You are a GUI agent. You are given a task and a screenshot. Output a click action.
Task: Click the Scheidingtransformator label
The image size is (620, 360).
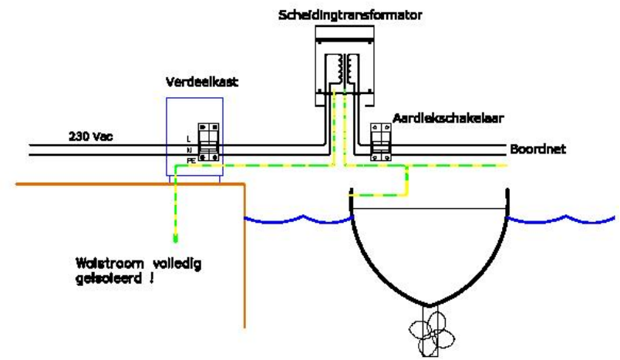click(x=350, y=15)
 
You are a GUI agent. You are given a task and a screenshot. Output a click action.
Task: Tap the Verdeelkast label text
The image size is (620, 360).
click(x=202, y=82)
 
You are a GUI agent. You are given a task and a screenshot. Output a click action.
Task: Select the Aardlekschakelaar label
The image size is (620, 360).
click(x=448, y=118)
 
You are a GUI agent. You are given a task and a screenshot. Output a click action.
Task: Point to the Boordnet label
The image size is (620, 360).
click(x=537, y=150)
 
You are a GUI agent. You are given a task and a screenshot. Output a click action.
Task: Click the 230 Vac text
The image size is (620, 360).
click(x=90, y=136)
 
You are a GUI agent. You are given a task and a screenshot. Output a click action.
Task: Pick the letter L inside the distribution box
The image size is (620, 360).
click(x=189, y=139)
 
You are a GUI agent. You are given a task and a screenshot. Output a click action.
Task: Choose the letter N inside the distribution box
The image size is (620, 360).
click(x=189, y=150)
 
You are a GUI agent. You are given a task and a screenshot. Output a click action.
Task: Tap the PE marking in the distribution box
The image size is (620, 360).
click(x=191, y=161)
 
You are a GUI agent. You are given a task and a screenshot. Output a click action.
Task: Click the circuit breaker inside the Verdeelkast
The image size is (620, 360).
click(x=208, y=143)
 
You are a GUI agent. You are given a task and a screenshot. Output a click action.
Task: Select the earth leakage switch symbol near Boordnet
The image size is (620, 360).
click(x=381, y=142)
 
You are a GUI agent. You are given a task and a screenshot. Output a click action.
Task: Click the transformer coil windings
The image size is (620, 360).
click(x=345, y=69)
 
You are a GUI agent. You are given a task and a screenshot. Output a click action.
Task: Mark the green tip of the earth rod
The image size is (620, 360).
click(x=176, y=238)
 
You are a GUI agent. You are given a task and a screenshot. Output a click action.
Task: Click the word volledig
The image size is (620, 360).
click(x=177, y=264)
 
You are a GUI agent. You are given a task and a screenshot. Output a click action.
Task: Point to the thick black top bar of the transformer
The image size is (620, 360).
click(x=345, y=40)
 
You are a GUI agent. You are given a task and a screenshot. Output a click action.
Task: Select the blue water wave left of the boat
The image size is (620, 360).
click(x=298, y=220)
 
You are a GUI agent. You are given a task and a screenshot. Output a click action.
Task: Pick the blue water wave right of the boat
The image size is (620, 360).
click(x=561, y=220)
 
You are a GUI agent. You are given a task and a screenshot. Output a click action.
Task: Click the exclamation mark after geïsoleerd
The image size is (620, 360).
click(x=151, y=278)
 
